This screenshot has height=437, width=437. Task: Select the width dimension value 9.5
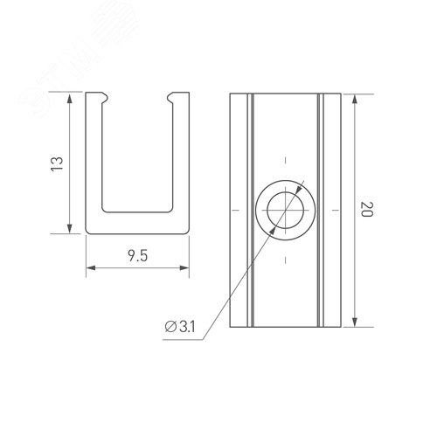[x=137, y=257]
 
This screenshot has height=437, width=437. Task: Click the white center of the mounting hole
[x=284, y=210]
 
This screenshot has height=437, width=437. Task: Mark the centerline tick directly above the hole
[x=284, y=160]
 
